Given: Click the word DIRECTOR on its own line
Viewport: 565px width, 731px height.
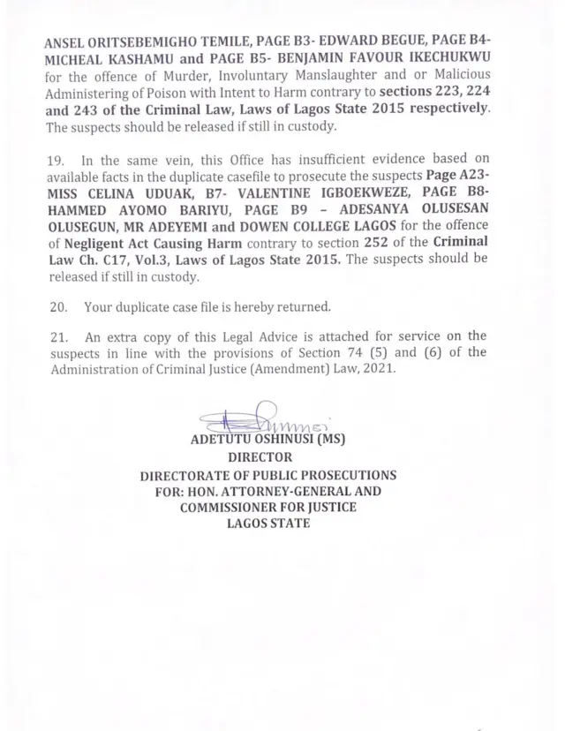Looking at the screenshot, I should click(259, 457).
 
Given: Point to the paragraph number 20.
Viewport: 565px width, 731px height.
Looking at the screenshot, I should click(56, 307).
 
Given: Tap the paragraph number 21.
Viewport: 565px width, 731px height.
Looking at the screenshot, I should click(56, 337).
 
